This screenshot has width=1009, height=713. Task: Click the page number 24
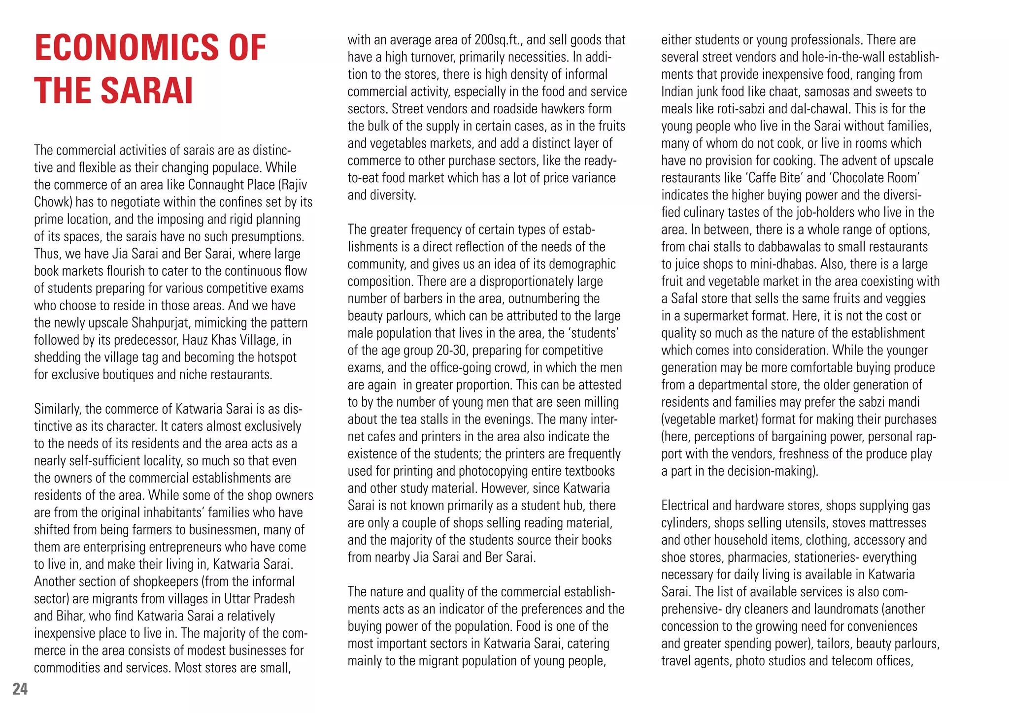[20, 689]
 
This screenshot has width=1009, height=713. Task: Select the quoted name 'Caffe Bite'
[776, 178]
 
